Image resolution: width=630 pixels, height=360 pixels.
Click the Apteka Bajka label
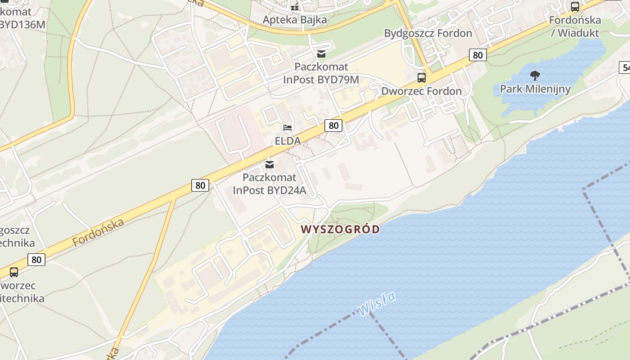click(x=295, y=20)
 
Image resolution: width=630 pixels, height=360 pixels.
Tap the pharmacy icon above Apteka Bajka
click(x=295, y=6)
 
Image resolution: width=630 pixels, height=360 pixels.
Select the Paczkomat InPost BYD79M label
click(x=321, y=73)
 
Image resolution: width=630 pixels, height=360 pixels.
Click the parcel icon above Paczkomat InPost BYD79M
click(x=321, y=54)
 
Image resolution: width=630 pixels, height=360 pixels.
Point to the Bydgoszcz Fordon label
click(x=428, y=33)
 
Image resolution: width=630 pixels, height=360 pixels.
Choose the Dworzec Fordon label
click(x=421, y=91)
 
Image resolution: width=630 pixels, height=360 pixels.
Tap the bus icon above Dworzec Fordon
click(x=422, y=77)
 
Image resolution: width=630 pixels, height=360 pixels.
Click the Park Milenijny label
click(x=535, y=89)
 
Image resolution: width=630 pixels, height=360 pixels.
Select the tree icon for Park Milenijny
click(x=535, y=75)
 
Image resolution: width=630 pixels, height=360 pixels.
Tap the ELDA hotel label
click(x=288, y=141)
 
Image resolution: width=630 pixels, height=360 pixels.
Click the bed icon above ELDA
click(x=288, y=128)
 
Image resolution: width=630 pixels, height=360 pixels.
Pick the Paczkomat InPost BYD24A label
click(x=270, y=184)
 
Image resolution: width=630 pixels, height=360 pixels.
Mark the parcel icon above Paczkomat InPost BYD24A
click(x=270, y=165)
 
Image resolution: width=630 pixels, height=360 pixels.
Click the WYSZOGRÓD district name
click(x=340, y=229)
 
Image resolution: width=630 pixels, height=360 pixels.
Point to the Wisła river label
click(x=377, y=303)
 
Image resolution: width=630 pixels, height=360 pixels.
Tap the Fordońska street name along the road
click(x=98, y=233)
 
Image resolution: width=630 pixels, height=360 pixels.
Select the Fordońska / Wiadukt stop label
click(x=575, y=26)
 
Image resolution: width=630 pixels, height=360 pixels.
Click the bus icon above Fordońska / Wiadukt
click(x=575, y=7)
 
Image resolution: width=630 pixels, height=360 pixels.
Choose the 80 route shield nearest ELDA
click(x=333, y=126)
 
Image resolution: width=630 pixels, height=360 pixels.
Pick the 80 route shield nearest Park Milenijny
click(x=477, y=55)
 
